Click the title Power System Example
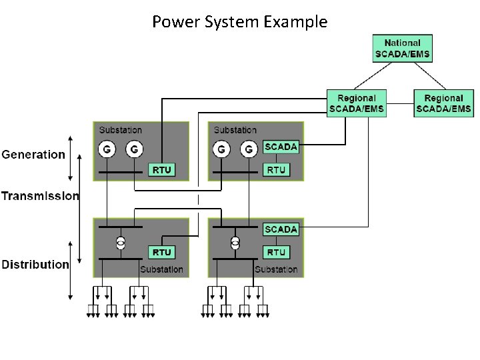tap(239, 22)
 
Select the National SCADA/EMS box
tap(402, 49)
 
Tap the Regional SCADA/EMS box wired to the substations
tap(357, 103)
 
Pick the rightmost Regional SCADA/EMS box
tap(443, 103)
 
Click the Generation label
tap(33, 155)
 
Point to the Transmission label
tap(40, 196)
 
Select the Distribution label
tap(35, 265)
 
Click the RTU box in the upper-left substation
tap(162, 170)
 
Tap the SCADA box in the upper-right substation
tap(281, 147)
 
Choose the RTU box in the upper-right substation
tap(276, 170)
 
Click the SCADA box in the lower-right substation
tap(281, 229)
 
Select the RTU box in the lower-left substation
tap(162, 253)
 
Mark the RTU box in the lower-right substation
tap(276, 253)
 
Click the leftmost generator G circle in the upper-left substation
tap(106, 149)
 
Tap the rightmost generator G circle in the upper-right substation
tap(249, 149)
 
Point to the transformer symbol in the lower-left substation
tap(121, 243)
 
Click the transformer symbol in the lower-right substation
tap(235, 243)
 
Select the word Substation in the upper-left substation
tap(121, 130)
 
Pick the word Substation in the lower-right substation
tap(276, 269)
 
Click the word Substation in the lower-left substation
tap(161, 269)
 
